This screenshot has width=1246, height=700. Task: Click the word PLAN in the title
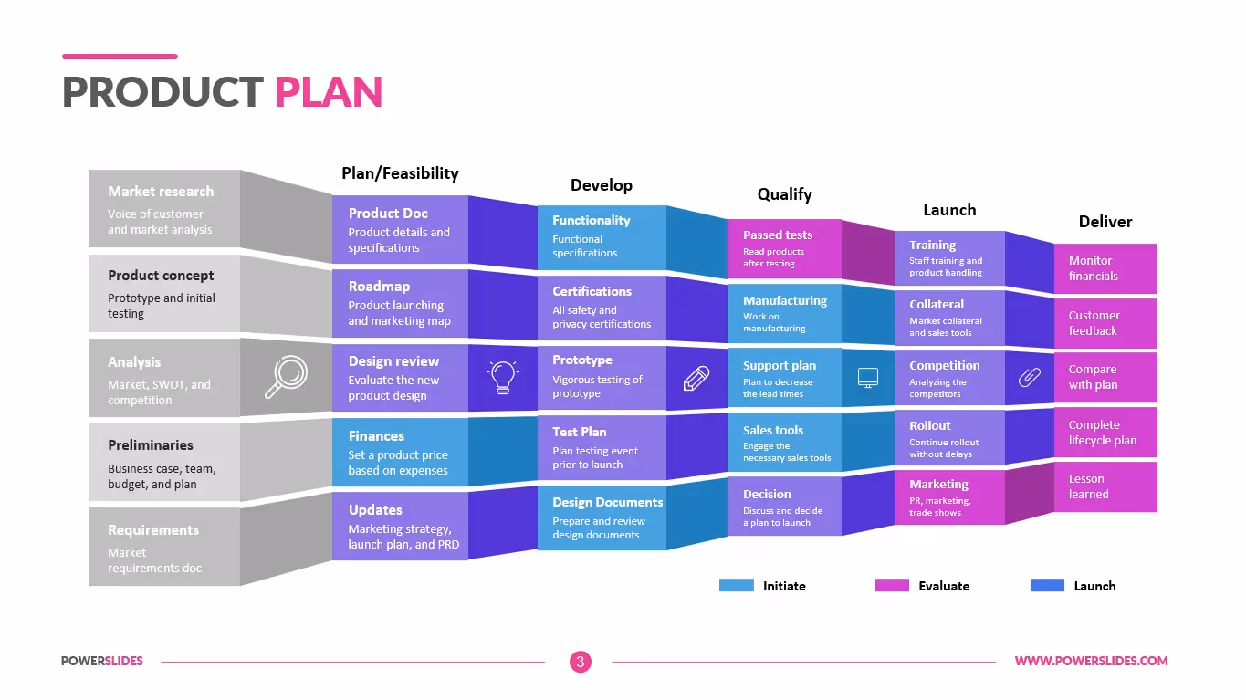[329, 92]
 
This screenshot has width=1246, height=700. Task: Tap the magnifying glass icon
[286, 377]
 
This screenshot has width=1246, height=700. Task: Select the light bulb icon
[503, 377]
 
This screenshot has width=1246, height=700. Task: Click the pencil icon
[696, 377]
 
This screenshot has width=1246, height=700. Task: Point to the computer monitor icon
[868, 377]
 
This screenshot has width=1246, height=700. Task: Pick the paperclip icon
[1030, 376]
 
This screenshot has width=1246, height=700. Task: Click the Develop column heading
[601, 185]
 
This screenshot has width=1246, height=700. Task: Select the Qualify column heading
[784, 193]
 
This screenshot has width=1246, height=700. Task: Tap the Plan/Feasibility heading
[400, 173]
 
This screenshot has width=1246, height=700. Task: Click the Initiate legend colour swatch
[736, 586]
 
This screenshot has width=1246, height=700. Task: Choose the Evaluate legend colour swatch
[892, 586]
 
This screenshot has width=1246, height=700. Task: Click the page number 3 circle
[581, 662]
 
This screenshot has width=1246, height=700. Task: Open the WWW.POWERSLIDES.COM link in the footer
[1091, 661]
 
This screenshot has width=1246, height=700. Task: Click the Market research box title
[161, 192]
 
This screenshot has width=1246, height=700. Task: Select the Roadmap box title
[379, 287]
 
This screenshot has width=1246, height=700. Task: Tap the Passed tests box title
[777, 235]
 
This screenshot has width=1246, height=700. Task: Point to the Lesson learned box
[1105, 486]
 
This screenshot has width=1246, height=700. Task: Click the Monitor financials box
[1105, 268]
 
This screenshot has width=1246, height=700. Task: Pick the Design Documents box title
[607, 503]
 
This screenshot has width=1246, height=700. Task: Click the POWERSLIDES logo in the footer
[102, 661]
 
